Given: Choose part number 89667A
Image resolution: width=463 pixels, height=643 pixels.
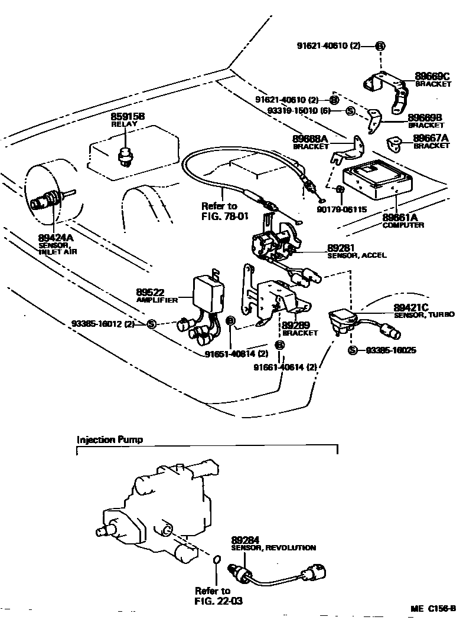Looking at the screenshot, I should [x=431, y=139].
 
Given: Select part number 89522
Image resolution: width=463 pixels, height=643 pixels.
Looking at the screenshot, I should [x=151, y=292].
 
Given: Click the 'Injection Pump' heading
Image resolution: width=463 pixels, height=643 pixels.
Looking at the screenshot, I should [x=110, y=439].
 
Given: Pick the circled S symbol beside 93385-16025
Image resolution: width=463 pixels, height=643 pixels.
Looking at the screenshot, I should [x=353, y=350].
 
